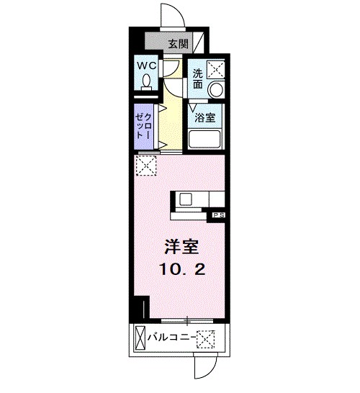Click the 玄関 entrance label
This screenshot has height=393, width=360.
(x=179, y=42)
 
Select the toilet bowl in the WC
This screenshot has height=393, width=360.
(x=146, y=83)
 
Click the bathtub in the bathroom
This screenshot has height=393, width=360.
(x=206, y=138)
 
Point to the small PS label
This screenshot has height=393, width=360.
(x=217, y=214)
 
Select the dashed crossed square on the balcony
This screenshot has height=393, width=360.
(x=207, y=337)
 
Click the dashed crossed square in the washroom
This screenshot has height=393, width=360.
(x=215, y=70)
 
